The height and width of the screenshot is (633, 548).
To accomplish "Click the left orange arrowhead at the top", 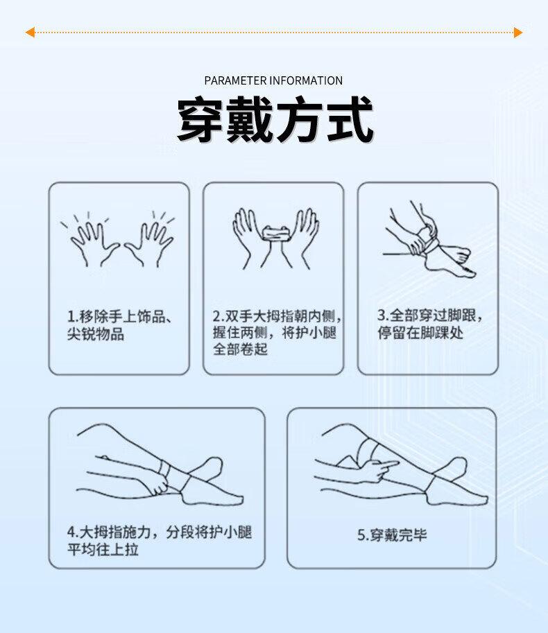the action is (x=29, y=33).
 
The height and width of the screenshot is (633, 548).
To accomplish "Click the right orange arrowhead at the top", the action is (x=518, y=33).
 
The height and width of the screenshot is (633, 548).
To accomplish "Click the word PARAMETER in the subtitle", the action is (x=235, y=80).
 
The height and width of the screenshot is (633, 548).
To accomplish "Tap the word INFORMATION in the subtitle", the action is (x=306, y=80).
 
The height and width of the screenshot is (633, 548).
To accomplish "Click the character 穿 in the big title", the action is (x=200, y=119).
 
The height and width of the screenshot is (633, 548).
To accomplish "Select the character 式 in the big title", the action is (x=350, y=119).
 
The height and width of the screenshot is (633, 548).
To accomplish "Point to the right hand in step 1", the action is (x=148, y=242).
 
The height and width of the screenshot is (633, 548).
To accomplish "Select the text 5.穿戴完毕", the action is (x=392, y=535).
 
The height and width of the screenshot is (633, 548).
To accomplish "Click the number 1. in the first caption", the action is (x=73, y=317).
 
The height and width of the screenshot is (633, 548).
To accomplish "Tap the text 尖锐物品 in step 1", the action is (x=96, y=334).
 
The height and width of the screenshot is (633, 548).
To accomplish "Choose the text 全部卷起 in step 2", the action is (x=240, y=349).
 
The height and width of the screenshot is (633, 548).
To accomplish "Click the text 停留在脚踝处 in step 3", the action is (x=420, y=333).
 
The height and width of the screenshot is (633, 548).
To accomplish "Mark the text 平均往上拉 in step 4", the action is (x=103, y=549).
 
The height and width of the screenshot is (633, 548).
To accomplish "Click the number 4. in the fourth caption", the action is (x=73, y=532).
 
